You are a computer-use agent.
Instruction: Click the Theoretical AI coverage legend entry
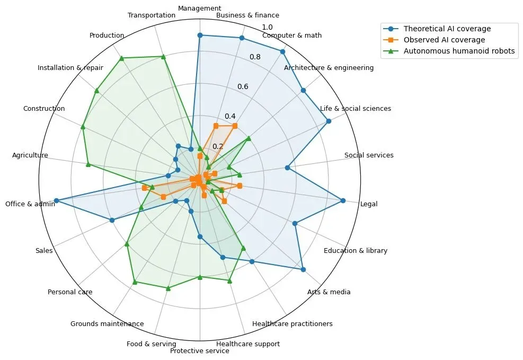(447, 29)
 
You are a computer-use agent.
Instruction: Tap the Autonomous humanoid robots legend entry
(459, 51)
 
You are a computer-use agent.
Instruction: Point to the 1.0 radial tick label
(268, 27)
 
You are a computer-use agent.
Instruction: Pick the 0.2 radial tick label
(218, 146)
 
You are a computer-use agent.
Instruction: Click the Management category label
(200, 8)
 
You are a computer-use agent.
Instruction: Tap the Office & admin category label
(30, 204)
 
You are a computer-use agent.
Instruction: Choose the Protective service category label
(200, 351)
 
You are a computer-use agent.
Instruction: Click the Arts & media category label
(329, 292)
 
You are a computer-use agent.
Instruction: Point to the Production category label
(107, 36)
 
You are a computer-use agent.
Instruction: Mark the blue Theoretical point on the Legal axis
(343, 200)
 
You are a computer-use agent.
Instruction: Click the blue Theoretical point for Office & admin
(57, 200)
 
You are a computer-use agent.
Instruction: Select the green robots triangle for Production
(121, 58)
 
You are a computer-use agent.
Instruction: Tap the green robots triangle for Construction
(83, 126)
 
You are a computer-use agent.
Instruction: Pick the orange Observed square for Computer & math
(235, 126)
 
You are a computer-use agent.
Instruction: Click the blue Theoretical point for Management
(200, 35)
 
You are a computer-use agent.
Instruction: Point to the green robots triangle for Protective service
(200, 277)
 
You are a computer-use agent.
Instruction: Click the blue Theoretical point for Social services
(287, 168)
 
